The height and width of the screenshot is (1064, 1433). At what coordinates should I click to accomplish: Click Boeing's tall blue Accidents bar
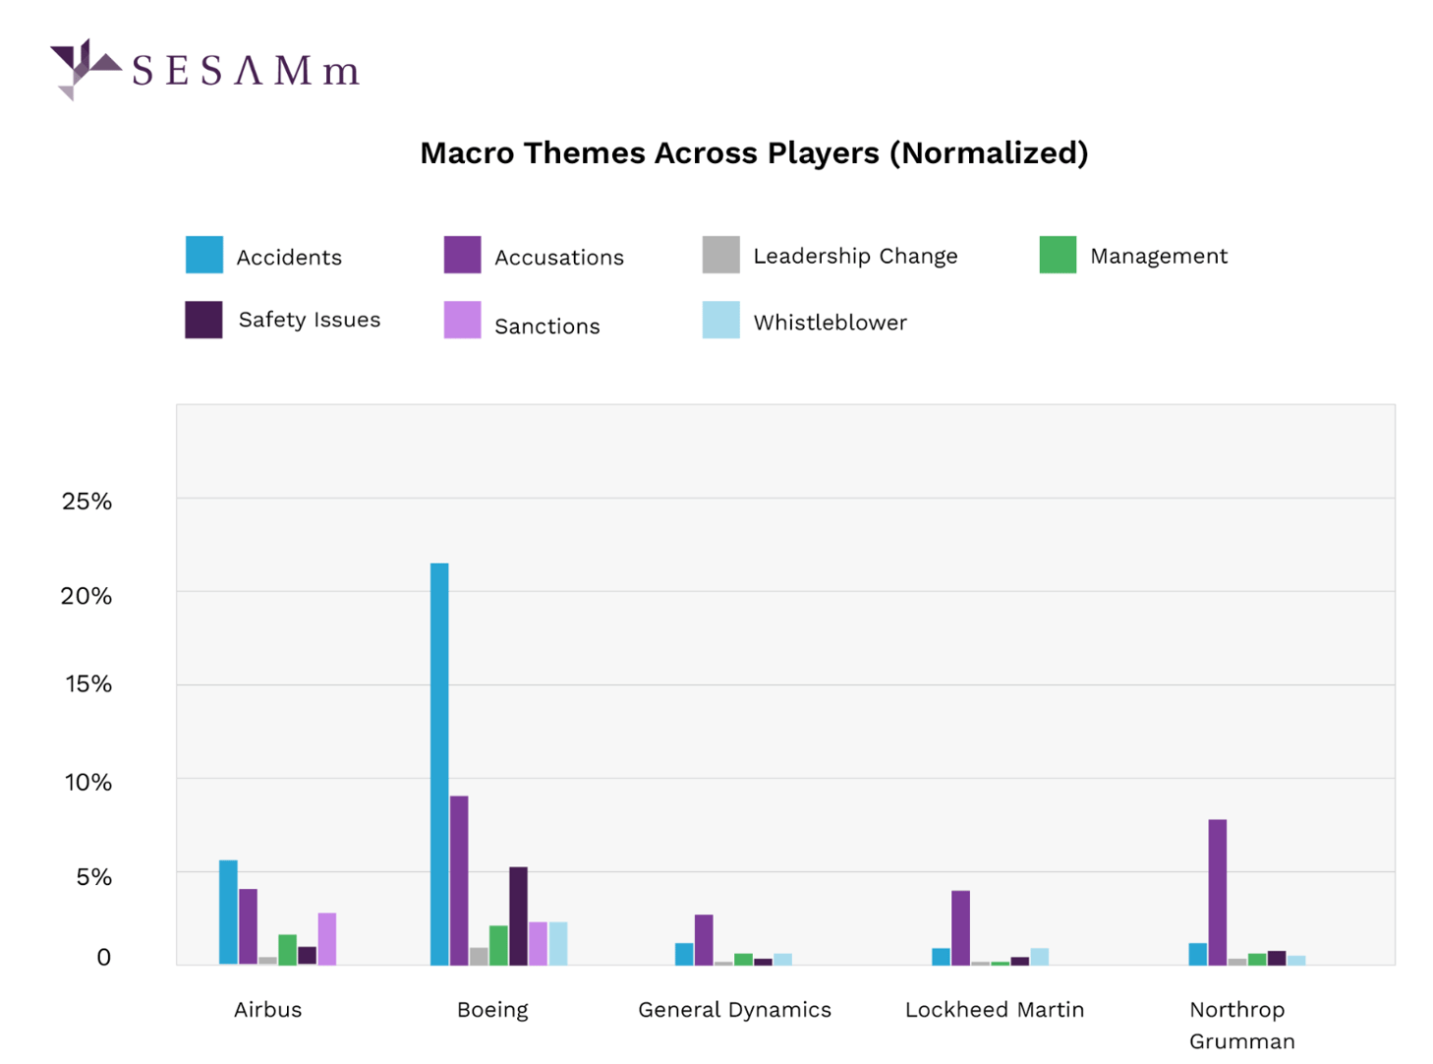tap(439, 763)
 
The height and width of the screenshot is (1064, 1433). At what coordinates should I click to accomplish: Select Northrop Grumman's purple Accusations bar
tap(1217, 891)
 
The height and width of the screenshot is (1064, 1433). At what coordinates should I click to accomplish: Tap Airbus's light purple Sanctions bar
tap(326, 938)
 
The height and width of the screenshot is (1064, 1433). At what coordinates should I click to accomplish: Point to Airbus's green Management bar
tap(287, 949)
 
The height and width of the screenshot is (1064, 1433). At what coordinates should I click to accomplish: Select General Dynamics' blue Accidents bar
tap(684, 953)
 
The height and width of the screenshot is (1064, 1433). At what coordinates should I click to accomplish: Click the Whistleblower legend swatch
tap(720, 320)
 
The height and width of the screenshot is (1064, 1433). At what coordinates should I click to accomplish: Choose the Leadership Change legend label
tap(854, 256)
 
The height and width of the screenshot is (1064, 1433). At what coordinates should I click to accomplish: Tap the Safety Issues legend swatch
tap(203, 320)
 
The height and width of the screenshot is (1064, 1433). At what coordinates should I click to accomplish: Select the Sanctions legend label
tap(546, 326)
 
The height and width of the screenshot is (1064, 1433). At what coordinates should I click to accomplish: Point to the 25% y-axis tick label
tap(86, 502)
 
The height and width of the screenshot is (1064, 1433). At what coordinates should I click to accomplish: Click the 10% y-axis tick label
tap(87, 783)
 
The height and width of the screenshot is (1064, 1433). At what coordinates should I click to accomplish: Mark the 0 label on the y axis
tap(103, 957)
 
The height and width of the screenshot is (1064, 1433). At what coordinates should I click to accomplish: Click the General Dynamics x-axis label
tap(734, 1010)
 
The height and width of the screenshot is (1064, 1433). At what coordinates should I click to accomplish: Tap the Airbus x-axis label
tap(267, 1010)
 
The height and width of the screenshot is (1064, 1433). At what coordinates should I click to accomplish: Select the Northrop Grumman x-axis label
tap(1240, 1025)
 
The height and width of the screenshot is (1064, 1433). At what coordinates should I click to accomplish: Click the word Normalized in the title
tap(989, 153)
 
